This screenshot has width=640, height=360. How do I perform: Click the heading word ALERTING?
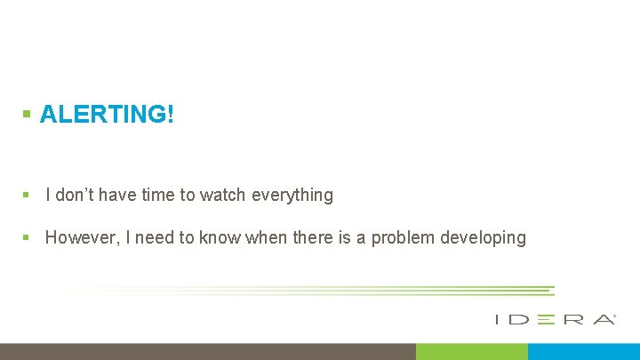pos(107,115)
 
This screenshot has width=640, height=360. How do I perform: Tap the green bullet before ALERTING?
pos(28,115)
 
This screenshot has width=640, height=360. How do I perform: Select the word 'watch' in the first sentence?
pos(224,195)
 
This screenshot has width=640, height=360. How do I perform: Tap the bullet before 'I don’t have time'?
pos(28,195)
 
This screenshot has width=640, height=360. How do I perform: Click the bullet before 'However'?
pos(28,237)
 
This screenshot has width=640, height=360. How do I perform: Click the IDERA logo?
pos(555,319)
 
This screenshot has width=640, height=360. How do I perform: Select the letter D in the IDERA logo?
pos(520,319)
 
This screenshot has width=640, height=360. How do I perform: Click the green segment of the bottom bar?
pos(471,351)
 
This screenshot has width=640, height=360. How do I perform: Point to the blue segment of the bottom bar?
pos(583,351)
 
